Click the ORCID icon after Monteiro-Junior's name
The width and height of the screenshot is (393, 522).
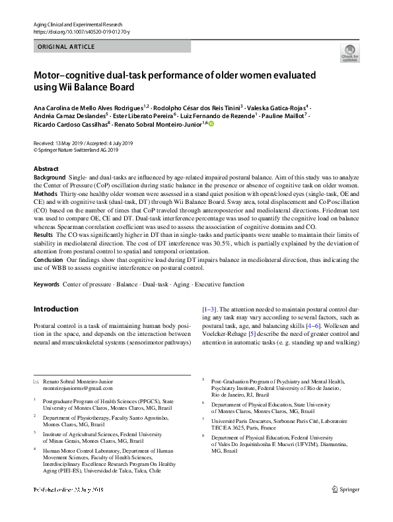pos(211,123)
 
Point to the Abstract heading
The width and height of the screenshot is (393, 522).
pos(46,169)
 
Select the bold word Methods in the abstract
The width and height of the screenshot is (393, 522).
pos(45,195)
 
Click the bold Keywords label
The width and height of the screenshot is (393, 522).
pos(46,284)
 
